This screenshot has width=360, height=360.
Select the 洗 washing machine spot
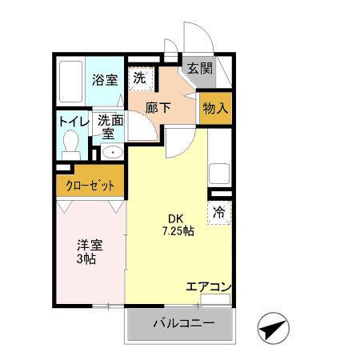click(x=140, y=78)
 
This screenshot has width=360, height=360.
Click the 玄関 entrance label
click(x=199, y=69)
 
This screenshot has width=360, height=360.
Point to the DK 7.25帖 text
click(x=174, y=225)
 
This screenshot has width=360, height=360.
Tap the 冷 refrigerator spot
click(x=219, y=213)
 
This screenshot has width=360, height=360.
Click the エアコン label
click(x=208, y=286)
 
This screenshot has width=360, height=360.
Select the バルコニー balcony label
click(x=183, y=325)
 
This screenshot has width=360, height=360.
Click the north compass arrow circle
click(x=271, y=328)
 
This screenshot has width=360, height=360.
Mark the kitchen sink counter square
click(x=219, y=174)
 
